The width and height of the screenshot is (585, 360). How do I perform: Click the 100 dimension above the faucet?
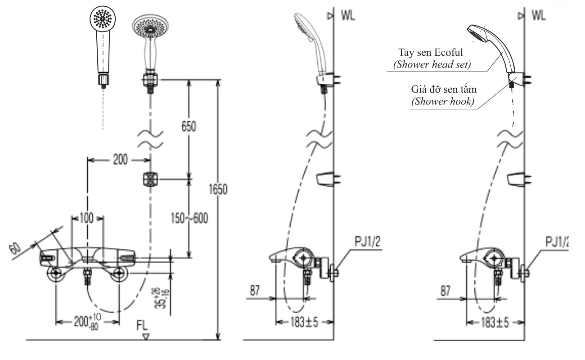tap(87, 219)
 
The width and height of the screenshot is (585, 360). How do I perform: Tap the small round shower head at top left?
tap(103, 19)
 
